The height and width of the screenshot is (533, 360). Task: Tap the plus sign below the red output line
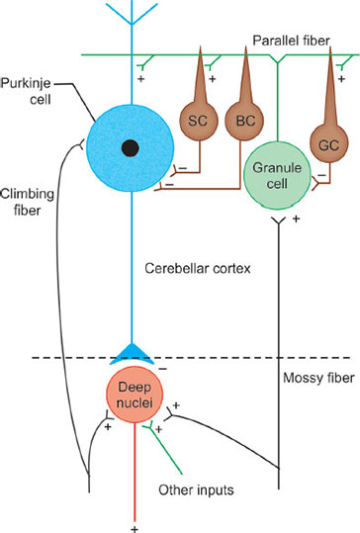coord(130,522)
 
